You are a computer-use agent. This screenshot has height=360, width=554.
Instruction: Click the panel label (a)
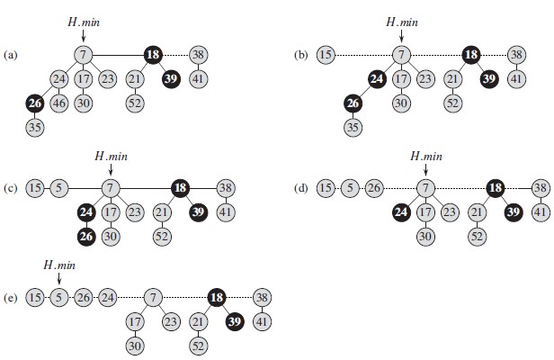(x=12, y=55)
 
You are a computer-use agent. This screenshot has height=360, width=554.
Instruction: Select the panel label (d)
(x=301, y=189)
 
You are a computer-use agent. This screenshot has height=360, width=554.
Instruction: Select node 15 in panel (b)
(x=326, y=55)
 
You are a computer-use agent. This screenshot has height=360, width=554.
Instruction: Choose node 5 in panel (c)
(x=58, y=188)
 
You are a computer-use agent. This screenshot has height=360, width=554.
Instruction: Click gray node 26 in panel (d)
(x=373, y=189)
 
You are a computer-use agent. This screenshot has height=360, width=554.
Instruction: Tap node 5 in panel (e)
(x=58, y=296)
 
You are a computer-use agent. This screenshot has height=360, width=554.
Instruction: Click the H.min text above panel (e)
(x=59, y=265)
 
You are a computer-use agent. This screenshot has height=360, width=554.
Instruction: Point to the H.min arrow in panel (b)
(x=400, y=34)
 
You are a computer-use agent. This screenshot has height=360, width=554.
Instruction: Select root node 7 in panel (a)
(x=83, y=55)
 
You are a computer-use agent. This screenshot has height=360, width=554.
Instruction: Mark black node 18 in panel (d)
(x=495, y=189)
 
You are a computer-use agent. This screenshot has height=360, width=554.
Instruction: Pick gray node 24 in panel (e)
(x=107, y=296)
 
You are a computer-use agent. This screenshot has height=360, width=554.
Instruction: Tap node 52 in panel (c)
(x=161, y=236)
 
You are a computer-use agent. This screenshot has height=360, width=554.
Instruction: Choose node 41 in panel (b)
(x=515, y=79)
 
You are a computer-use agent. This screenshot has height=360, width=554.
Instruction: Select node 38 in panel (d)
(x=540, y=189)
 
